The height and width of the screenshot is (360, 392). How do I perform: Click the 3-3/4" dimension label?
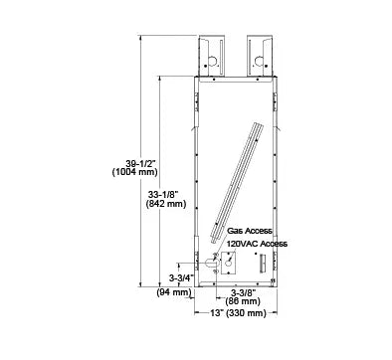pyautogui.click(x=181, y=277)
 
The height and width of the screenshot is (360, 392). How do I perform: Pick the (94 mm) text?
pyautogui.click(x=175, y=292)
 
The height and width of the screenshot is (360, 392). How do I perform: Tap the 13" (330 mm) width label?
pyautogui.click(x=235, y=313)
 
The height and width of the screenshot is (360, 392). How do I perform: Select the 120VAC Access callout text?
pyautogui.click(x=258, y=243)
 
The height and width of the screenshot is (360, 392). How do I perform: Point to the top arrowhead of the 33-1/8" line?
pyautogui.click(x=162, y=77)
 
